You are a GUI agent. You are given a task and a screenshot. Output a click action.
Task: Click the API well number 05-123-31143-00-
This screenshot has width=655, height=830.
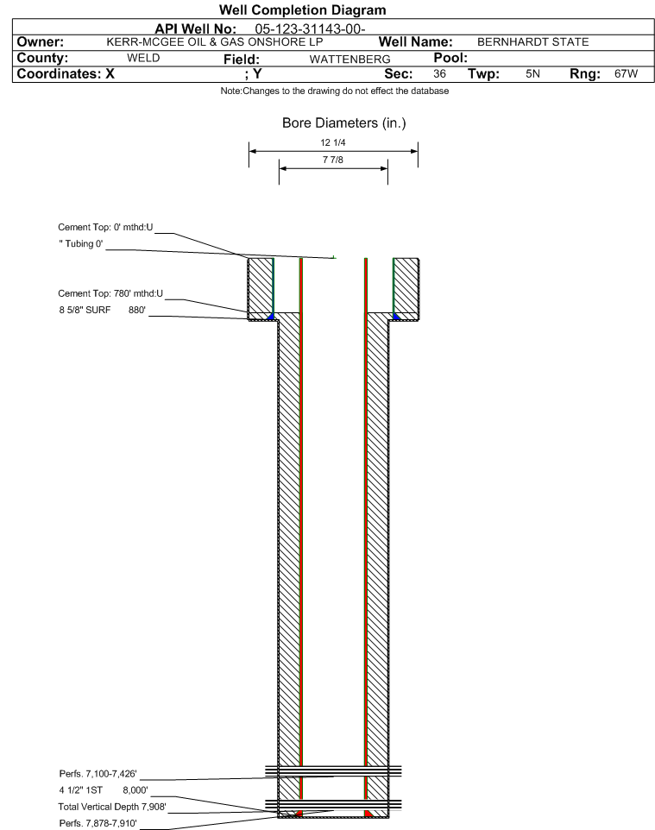(x=315, y=28)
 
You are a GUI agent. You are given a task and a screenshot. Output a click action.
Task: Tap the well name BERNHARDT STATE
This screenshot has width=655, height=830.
(x=527, y=42)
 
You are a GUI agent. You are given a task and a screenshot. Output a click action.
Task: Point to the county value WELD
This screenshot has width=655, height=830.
(x=143, y=58)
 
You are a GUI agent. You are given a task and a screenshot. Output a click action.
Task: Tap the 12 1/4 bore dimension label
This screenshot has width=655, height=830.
(x=333, y=144)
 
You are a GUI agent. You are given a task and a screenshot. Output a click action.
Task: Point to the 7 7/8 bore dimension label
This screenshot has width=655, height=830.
(x=333, y=161)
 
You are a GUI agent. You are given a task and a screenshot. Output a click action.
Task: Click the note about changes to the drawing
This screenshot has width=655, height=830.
(x=327, y=91)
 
